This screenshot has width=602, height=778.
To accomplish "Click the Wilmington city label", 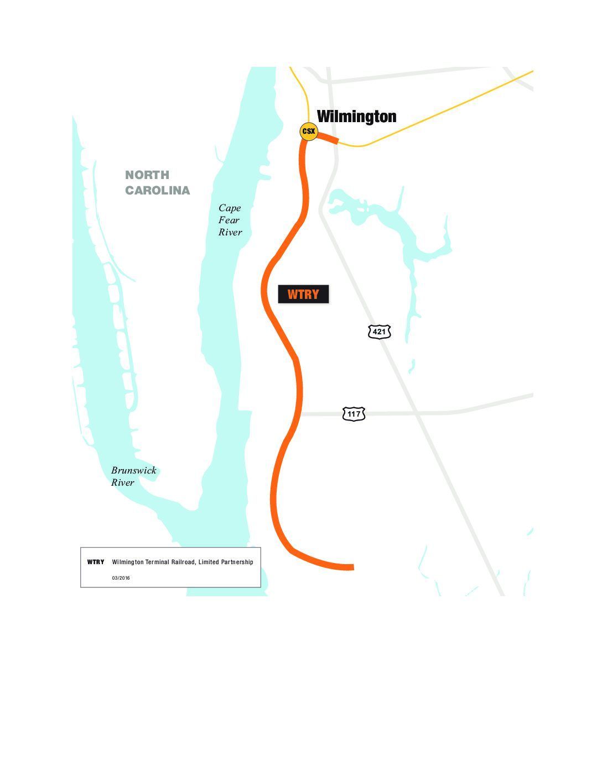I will tap(356, 117).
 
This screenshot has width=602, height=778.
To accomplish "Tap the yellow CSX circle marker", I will tap(309, 132).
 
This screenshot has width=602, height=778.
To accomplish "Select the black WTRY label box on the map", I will tap(303, 295).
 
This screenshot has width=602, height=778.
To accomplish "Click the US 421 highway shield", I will tap(379, 332).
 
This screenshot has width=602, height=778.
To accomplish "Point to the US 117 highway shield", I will tap(354, 414).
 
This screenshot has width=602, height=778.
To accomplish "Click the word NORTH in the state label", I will tap(147, 175).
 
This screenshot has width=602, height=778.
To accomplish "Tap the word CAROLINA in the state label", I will tap(158, 191).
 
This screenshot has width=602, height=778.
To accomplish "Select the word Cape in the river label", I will tap(230, 208).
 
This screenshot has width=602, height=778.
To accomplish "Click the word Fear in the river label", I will tap(229, 220).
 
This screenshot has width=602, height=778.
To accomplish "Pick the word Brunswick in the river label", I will tap(134, 471).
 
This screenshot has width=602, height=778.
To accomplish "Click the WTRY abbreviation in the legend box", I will tap(96, 562).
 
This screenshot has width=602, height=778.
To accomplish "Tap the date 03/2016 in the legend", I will tap(121, 578).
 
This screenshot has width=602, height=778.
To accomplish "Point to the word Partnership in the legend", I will tap(235, 562).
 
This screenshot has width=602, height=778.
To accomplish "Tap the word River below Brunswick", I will tap(122, 483).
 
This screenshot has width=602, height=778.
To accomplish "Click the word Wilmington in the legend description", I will tap(128, 562).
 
